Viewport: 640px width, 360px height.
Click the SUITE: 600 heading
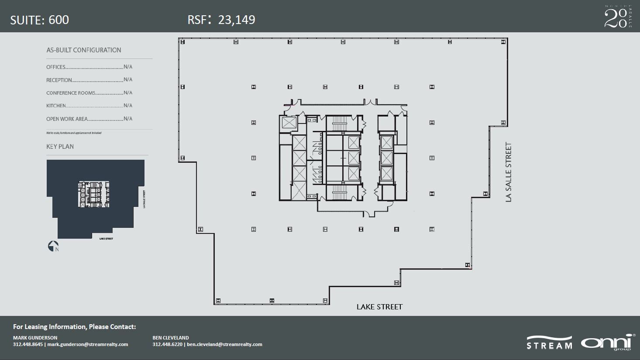coord(39,20)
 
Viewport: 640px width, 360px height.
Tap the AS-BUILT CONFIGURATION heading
coord(84,50)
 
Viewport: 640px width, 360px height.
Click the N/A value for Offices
coord(128,67)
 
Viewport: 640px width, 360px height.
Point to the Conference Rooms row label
coord(71,93)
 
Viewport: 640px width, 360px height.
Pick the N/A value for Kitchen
coord(128,106)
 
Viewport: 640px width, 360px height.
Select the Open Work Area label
coord(67,119)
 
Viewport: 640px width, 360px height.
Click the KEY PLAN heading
coord(60,147)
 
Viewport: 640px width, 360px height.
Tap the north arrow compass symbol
coord(53,246)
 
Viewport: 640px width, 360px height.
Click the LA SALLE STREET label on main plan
coord(508,172)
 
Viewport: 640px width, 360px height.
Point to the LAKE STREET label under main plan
coord(379,307)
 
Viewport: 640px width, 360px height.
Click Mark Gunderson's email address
coord(88,344)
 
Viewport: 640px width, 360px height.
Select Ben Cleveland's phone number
coord(168,344)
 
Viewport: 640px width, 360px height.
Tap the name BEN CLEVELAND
coord(171,338)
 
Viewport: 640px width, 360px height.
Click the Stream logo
coord(549,343)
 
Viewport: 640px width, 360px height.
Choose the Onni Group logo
coord(606,342)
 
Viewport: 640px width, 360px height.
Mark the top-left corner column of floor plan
coord(182,42)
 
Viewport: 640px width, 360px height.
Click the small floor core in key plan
coord(93,194)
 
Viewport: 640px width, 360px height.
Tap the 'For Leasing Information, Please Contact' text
coord(74,327)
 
